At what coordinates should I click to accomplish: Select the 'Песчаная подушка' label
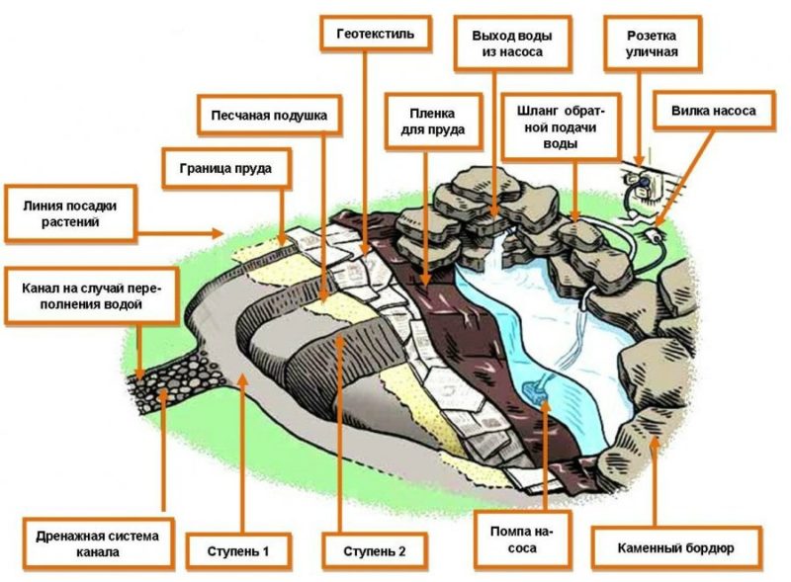[x=268, y=116]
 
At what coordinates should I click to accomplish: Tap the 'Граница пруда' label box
[x=225, y=167]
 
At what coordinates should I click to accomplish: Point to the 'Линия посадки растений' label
[x=68, y=212]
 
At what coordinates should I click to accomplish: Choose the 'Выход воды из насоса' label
[x=512, y=42]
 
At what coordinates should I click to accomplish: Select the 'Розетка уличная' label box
[x=652, y=42]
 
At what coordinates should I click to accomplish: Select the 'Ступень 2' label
[x=375, y=548]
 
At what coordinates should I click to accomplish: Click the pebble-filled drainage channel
[x=168, y=375]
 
